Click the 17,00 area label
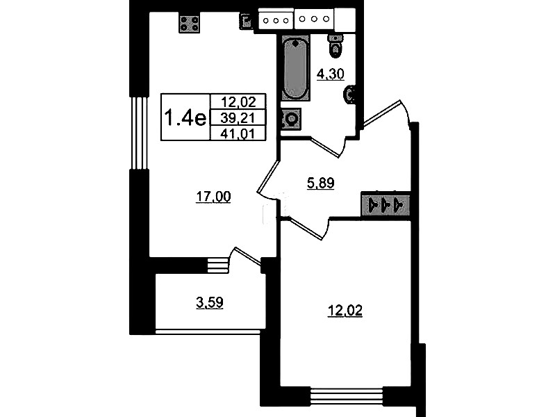[x=213, y=196]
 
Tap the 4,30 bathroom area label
[x=330, y=74]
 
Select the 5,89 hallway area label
[x=320, y=183]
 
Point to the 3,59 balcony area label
[x=210, y=303]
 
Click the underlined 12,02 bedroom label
[x=345, y=311]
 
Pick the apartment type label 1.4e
[x=185, y=117]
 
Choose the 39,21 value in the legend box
[x=238, y=118]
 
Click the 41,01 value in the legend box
[x=238, y=134]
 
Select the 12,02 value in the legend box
[x=238, y=102]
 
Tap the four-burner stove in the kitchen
[x=190, y=24]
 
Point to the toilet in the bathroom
[x=336, y=46]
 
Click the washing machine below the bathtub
[x=290, y=119]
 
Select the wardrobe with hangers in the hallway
[x=386, y=204]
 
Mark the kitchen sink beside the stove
[x=246, y=22]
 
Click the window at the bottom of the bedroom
[x=347, y=395]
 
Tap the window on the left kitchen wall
[x=139, y=133]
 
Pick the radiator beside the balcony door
[x=217, y=265]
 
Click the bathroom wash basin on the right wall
[x=349, y=95]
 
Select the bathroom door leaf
[x=326, y=148]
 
